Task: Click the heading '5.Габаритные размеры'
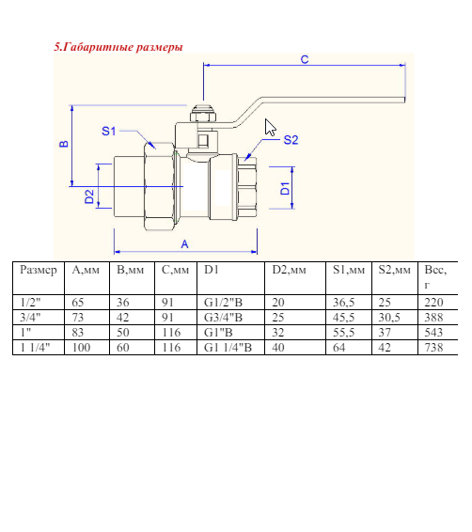(x=118, y=46)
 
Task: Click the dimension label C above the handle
(x=304, y=59)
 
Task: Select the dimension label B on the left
(x=63, y=145)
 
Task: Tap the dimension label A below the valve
(x=184, y=243)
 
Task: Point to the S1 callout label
(x=108, y=131)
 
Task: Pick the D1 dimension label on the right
(x=285, y=188)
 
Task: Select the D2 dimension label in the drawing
(x=89, y=196)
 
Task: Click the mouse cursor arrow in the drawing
(x=271, y=128)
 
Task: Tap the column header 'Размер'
(x=39, y=270)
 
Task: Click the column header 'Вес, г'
(x=434, y=276)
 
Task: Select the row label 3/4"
(x=31, y=318)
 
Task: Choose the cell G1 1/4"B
(x=228, y=347)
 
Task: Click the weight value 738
(x=433, y=347)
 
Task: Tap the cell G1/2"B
(x=223, y=303)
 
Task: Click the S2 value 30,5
(x=389, y=318)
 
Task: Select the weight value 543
(x=433, y=332)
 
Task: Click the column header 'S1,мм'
(x=348, y=270)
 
